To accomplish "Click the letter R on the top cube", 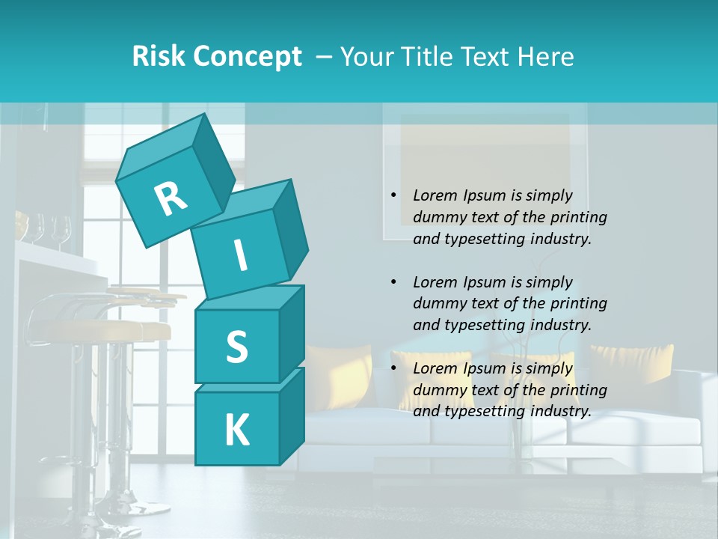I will point(171,198).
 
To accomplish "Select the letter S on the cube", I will point(236,347).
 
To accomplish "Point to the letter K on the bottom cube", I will point(236,430).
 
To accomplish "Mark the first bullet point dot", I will point(393,195).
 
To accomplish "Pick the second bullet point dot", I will point(393,282).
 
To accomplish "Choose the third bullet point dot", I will point(393,368).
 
